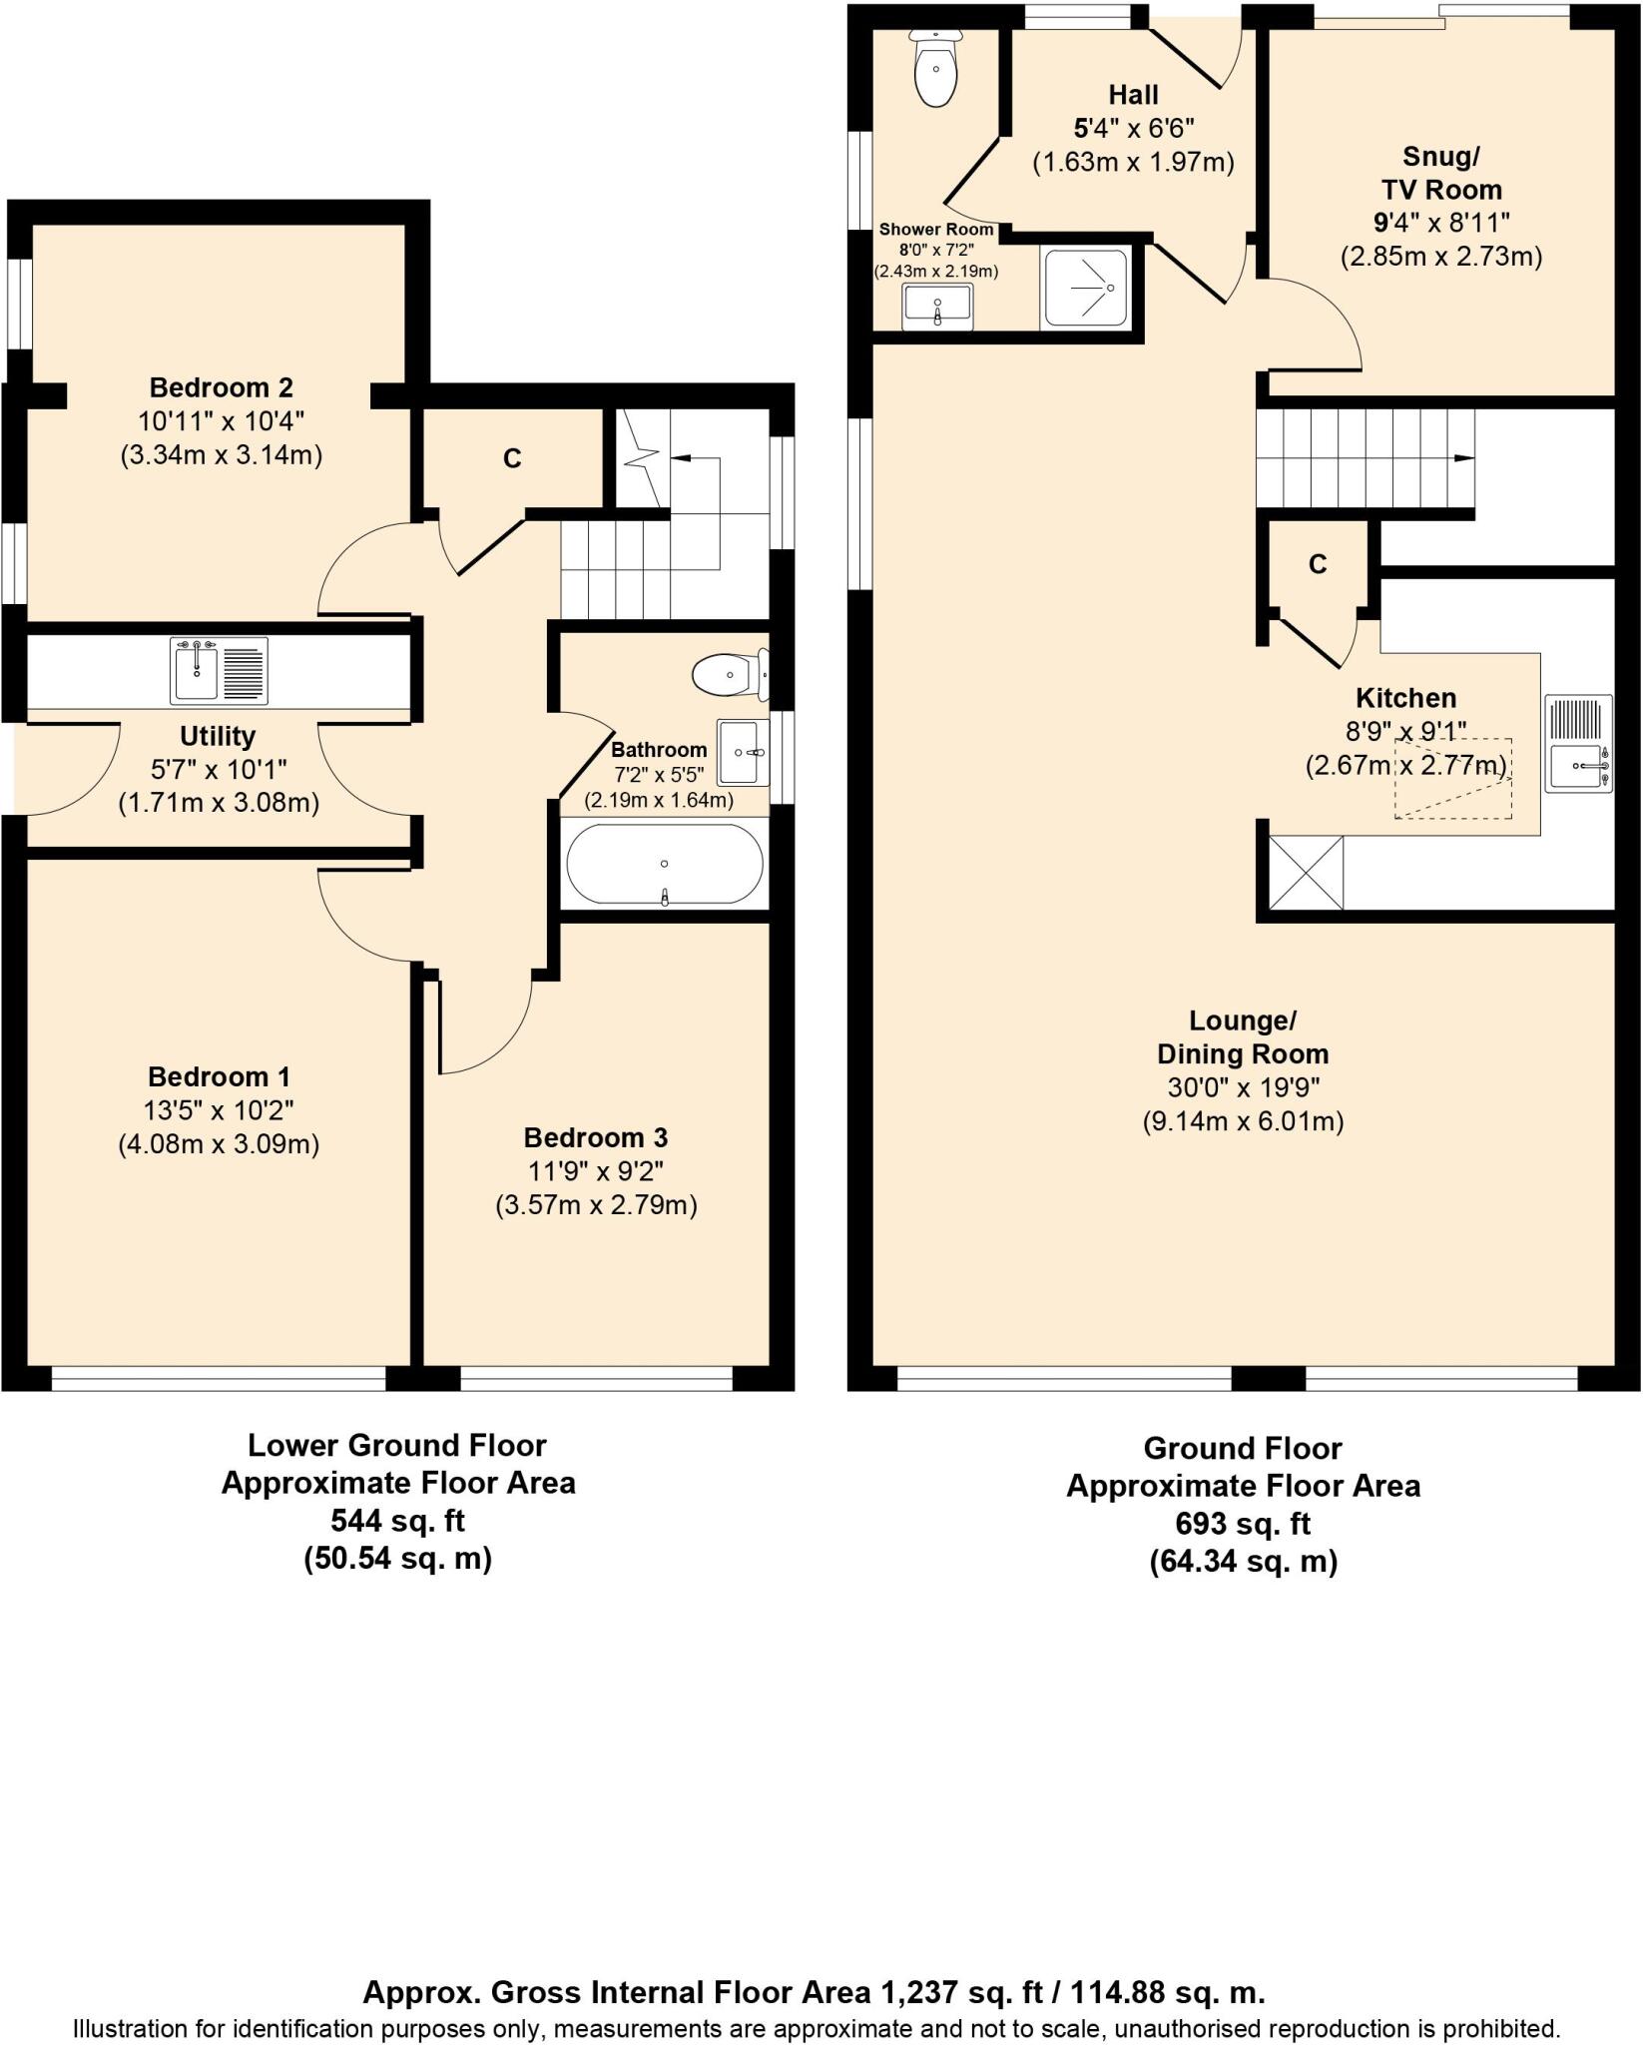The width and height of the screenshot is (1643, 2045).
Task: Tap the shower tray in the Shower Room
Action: pos(1088,288)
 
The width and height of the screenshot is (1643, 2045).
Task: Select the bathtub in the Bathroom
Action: pos(665,865)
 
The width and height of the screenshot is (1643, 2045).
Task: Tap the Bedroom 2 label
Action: pos(221,387)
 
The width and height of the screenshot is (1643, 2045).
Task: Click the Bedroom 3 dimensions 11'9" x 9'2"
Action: pos(596,1171)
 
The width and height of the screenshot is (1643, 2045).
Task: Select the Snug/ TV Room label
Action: pos(1441,173)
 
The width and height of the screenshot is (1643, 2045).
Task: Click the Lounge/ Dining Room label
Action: pos(1243,1037)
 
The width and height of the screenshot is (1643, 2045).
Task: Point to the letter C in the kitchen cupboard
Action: pos(1318,565)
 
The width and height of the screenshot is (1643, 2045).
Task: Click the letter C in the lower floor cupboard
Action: pos(512,458)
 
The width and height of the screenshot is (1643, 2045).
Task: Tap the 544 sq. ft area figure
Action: pos(397,1521)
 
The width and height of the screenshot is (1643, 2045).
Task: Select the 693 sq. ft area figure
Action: pos(1243,1524)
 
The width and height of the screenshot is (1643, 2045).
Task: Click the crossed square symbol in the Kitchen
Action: pos(1306,873)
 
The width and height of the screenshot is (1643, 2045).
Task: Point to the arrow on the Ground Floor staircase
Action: pos(1463,458)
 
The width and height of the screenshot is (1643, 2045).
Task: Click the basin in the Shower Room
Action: pos(937,307)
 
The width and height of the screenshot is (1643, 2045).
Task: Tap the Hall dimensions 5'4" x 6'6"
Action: pos(1133,129)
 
